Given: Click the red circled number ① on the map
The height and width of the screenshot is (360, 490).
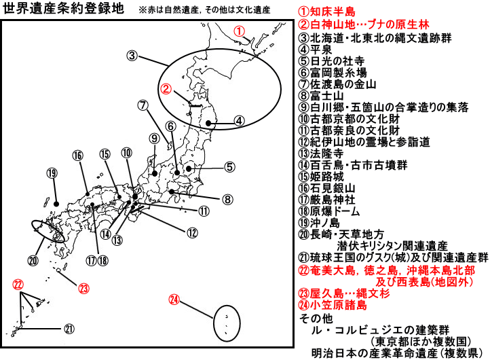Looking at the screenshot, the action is tap(239, 31).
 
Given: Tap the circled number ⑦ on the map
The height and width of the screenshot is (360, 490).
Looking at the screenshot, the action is tap(143, 105).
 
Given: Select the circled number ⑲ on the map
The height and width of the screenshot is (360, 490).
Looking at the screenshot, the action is tap(52, 173).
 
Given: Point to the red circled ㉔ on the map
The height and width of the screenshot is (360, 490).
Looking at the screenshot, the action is tap(174, 300).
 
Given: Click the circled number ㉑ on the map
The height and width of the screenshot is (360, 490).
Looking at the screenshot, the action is tap(69, 329).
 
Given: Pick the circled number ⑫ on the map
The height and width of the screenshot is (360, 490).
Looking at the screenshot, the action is tap(192, 233).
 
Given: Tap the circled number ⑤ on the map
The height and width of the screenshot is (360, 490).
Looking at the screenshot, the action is tap(229, 166).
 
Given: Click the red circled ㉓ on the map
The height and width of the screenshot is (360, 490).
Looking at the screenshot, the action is tap(83, 288).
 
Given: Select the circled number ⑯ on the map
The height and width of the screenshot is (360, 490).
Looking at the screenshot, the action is tap(78, 156).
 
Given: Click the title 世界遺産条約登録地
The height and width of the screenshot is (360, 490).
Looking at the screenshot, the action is tap(63, 9).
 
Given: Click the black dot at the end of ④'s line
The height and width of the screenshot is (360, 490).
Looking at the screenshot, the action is tap(208, 124).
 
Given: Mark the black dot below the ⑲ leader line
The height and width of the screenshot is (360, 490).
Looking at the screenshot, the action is tap(56, 204).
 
